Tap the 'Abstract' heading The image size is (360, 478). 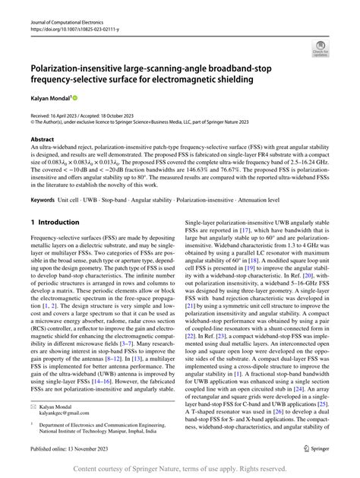[x=43, y=140]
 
